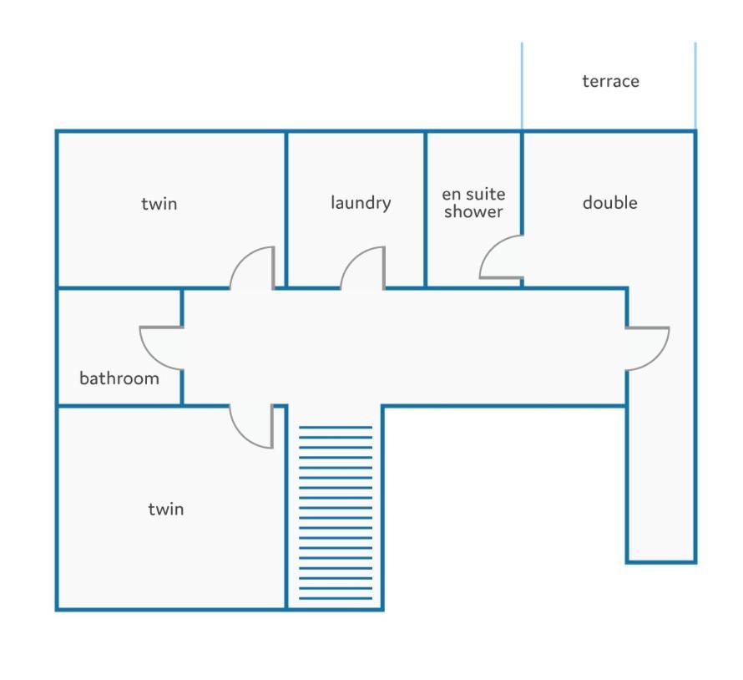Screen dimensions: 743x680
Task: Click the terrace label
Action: click(610, 81)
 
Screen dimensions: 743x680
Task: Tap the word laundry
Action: click(361, 203)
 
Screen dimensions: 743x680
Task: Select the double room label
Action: click(610, 202)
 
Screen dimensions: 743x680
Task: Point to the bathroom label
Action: click(119, 378)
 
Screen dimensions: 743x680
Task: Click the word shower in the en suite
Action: click(473, 211)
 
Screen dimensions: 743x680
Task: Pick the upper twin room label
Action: click(159, 204)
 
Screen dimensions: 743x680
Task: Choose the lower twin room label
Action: click(166, 509)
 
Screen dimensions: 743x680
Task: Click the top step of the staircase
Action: click(336, 427)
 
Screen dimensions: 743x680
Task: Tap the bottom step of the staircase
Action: click(336, 598)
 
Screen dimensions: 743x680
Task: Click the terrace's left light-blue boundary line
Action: click(522, 86)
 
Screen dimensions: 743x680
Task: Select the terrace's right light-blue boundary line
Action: click(695, 86)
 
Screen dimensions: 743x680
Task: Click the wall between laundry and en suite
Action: click(425, 209)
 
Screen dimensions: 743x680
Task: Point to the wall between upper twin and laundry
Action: click(286, 209)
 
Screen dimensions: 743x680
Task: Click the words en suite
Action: click(473, 195)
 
